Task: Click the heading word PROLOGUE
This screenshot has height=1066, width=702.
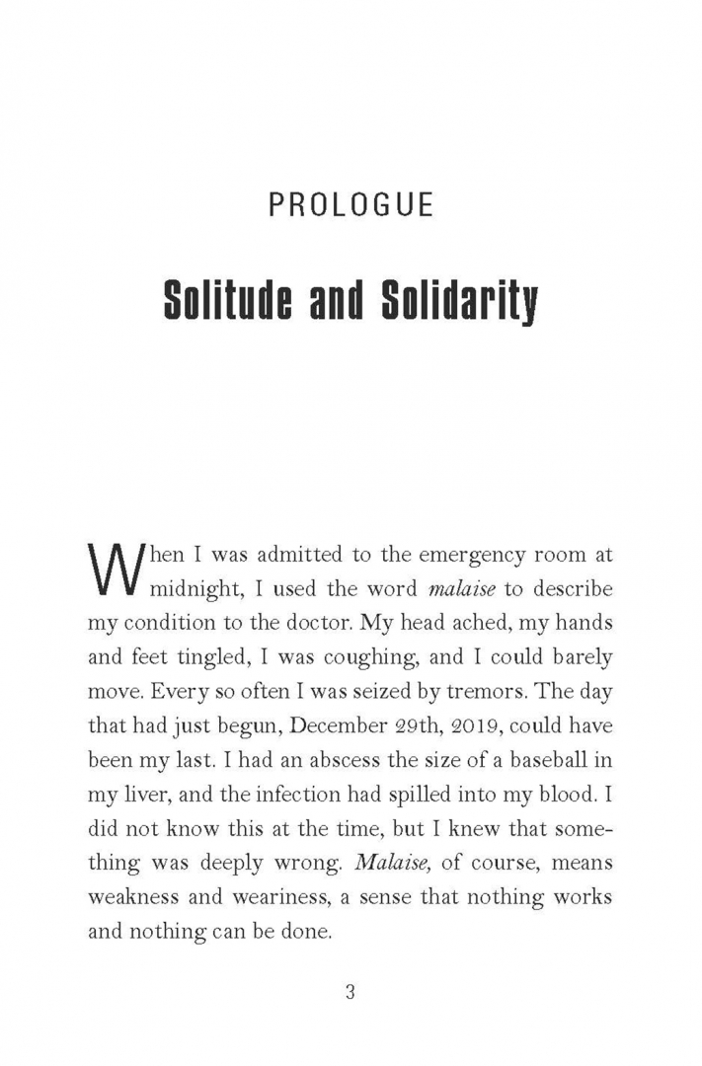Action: (351, 205)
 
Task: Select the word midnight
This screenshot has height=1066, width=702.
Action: (201, 589)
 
